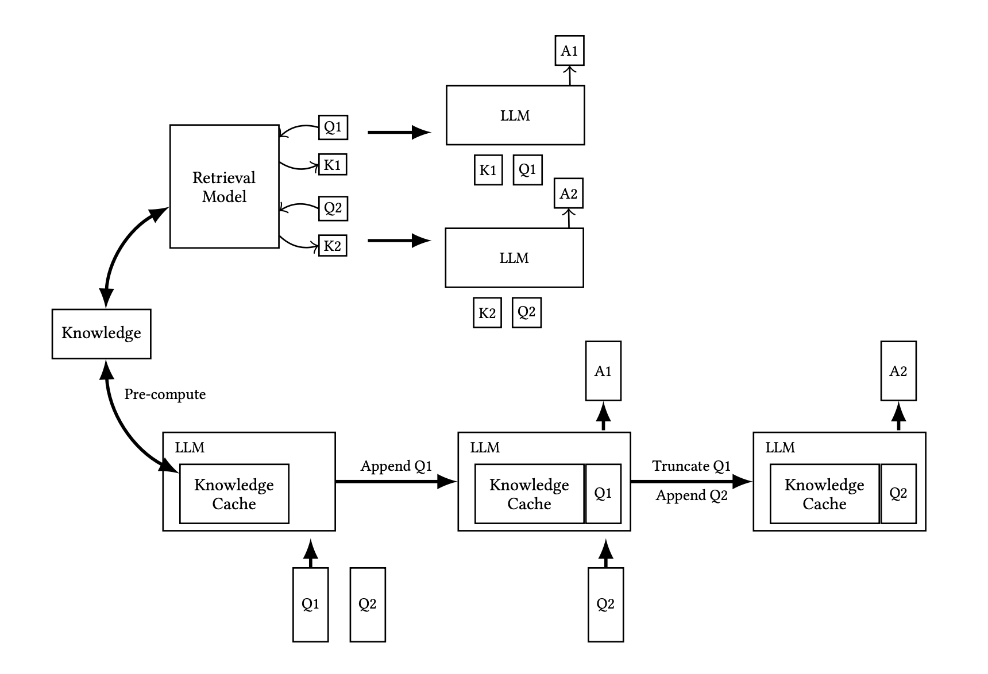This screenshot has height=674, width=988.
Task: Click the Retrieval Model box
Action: [x=224, y=187]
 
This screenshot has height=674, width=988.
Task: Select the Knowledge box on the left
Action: [x=101, y=334]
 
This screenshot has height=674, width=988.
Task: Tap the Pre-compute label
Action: [x=165, y=394]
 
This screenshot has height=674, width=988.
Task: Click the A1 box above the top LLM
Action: [x=569, y=51]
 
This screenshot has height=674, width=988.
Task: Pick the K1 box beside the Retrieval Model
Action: [x=333, y=165]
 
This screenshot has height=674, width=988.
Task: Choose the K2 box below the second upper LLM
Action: [x=487, y=313]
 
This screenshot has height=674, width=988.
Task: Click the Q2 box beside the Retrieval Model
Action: [x=333, y=208]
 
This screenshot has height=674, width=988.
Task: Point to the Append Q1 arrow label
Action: [x=396, y=466]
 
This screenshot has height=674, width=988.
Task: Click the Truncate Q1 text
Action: [x=691, y=466]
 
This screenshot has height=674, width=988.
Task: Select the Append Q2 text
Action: [x=692, y=495]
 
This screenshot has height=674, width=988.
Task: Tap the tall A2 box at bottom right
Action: [x=898, y=371]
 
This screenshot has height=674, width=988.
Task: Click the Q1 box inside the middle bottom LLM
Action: [x=603, y=494]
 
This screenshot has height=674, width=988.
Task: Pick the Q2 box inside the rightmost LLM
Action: [x=898, y=494]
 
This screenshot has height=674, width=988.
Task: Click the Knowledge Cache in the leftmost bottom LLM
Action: [x=234, y=494]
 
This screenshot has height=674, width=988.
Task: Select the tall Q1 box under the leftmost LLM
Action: [x=310, y=605]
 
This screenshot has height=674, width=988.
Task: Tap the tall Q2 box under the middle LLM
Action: [x=605, y=605]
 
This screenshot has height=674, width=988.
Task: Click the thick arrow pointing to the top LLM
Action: [x=399, y=133]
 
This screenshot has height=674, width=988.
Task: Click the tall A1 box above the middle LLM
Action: [x=603, y=371]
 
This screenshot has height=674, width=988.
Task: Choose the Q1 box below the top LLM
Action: [x=527, y=170]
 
